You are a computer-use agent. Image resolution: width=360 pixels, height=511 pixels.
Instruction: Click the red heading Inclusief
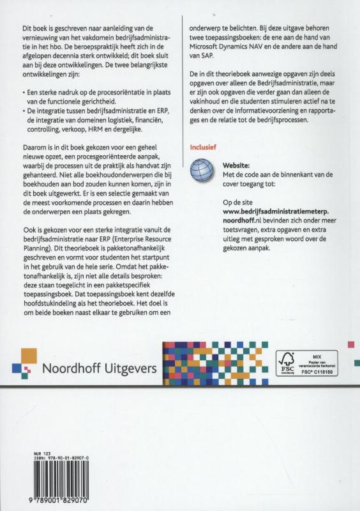[x=203, y=147]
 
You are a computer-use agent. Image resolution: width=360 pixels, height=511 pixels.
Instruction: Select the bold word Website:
[x=237, y=165]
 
